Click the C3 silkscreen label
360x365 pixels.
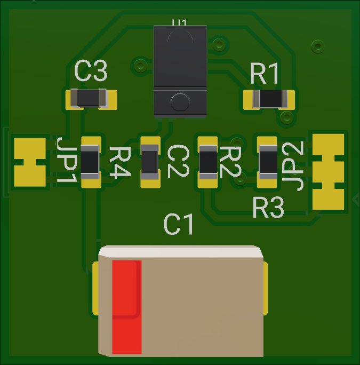pyautogui.click(x=91, y=71)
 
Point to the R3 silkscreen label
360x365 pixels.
pyautogui.click(x=268, y=208)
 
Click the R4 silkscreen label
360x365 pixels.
pyautogui.click(x=119, y=162)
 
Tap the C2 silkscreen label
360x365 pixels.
pyautogui.click(x=178, y=162)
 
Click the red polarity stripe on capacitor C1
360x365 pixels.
pyautogui.click(x=126, y=307)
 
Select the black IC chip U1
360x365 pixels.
pyautogui.click(x=179, y=69)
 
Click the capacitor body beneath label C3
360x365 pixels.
pyautogui.click(x=90, y=99)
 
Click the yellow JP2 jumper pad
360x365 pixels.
pyautogui.click(x=329, y=171)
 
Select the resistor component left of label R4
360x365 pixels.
pyautogui.click(x=90, y=161)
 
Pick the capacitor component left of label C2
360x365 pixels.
pyautogui.click(x=150, y=161)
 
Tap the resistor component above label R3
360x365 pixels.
pyautogui.click(x=268, y=161)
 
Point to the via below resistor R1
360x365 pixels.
pyautogui.click(x=286, y=117)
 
